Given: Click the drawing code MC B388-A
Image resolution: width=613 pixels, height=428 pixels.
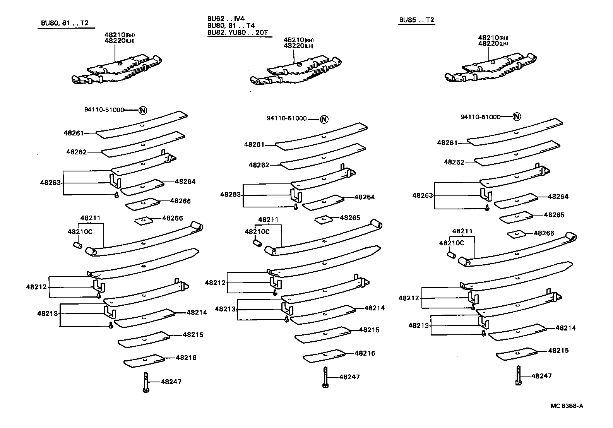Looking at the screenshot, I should click(x=567, y=406).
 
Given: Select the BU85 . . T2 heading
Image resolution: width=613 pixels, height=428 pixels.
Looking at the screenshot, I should click(x=416, y=20).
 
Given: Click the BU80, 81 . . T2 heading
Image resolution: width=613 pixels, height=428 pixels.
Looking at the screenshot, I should click(x=65, y=23).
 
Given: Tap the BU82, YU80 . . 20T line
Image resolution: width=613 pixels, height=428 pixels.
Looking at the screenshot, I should click(x=237, y=33).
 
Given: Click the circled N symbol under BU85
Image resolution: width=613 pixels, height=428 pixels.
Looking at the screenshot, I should click(x=516, y=116).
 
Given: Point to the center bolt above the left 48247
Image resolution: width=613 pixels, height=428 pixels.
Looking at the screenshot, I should click(x=146, y=382).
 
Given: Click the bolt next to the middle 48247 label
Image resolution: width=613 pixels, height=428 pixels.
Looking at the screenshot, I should click(x=325, y=377).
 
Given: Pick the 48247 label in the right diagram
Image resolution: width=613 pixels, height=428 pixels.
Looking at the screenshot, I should click(x=541, y=376).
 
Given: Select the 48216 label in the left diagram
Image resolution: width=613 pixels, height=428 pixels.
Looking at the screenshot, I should click(x=186, y=358).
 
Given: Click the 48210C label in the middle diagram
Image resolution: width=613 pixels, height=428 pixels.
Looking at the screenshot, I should click(x=257, y=231).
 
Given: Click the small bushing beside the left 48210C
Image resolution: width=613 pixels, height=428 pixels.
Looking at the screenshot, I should click(x=77, y=245).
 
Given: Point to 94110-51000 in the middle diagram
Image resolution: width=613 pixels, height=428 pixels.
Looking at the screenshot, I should click(x=286, y=118).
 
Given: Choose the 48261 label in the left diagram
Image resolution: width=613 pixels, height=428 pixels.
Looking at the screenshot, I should click(x=74, y=133).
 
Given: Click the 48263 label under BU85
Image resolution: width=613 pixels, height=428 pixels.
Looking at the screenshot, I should click(x=422, y=195).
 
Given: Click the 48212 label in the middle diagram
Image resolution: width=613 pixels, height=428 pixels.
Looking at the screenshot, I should click(x=215, y=283).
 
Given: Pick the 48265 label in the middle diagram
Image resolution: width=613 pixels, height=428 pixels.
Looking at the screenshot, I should click(x=350, y=217).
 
